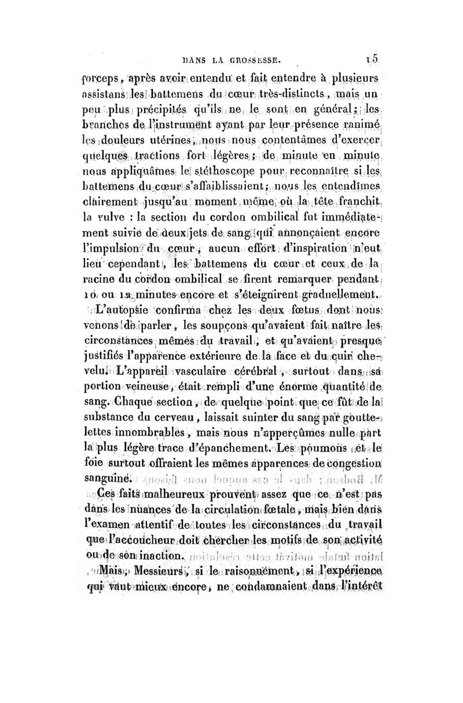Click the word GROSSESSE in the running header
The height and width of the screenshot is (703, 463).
point(253,58)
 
